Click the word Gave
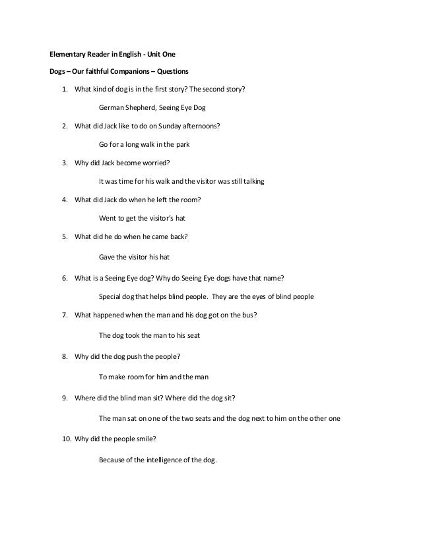[107, 256]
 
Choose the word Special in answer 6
[111, 296]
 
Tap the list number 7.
[65, 315]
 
